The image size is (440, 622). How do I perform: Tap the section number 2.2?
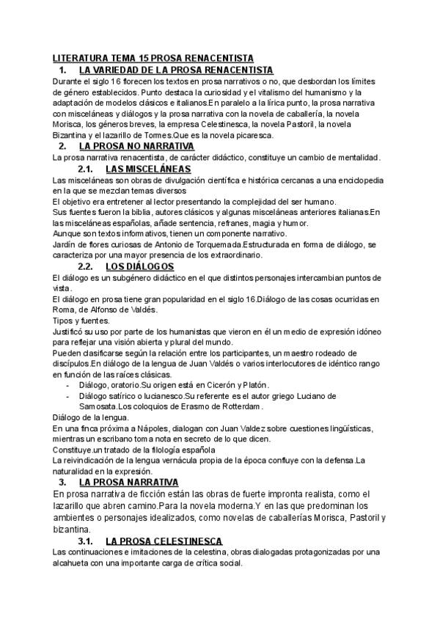tap(87, 266)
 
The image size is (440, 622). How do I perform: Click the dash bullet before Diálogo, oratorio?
tap(68, 385)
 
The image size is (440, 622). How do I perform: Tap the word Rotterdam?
tap(236, 406)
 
